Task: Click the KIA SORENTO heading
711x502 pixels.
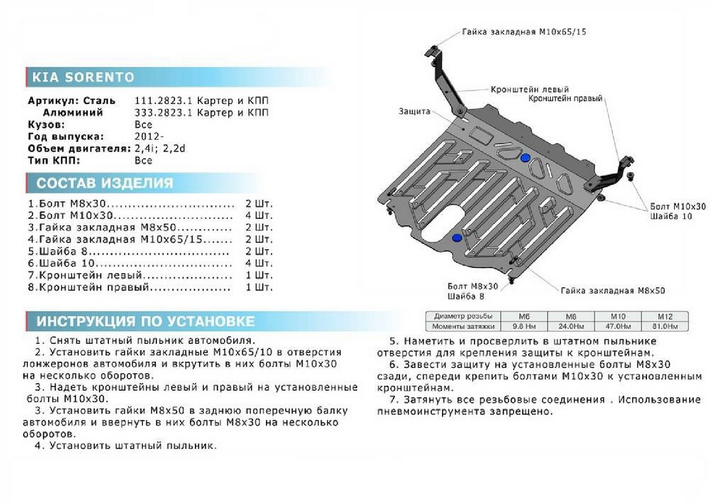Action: (x=82, y=78)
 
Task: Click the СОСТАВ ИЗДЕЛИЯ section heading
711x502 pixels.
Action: (x=105, y=183)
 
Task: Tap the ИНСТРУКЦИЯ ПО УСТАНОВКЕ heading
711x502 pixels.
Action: (x=145, y=321)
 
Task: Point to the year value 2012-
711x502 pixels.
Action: (x=146, y=136)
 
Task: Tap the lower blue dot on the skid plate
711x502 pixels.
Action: (x=457, y=238)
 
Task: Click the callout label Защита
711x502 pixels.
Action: (x=415, y=111)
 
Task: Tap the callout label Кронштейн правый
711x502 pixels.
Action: (x=565, y=98)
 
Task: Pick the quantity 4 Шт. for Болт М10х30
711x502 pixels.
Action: (x=258, y=215)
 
